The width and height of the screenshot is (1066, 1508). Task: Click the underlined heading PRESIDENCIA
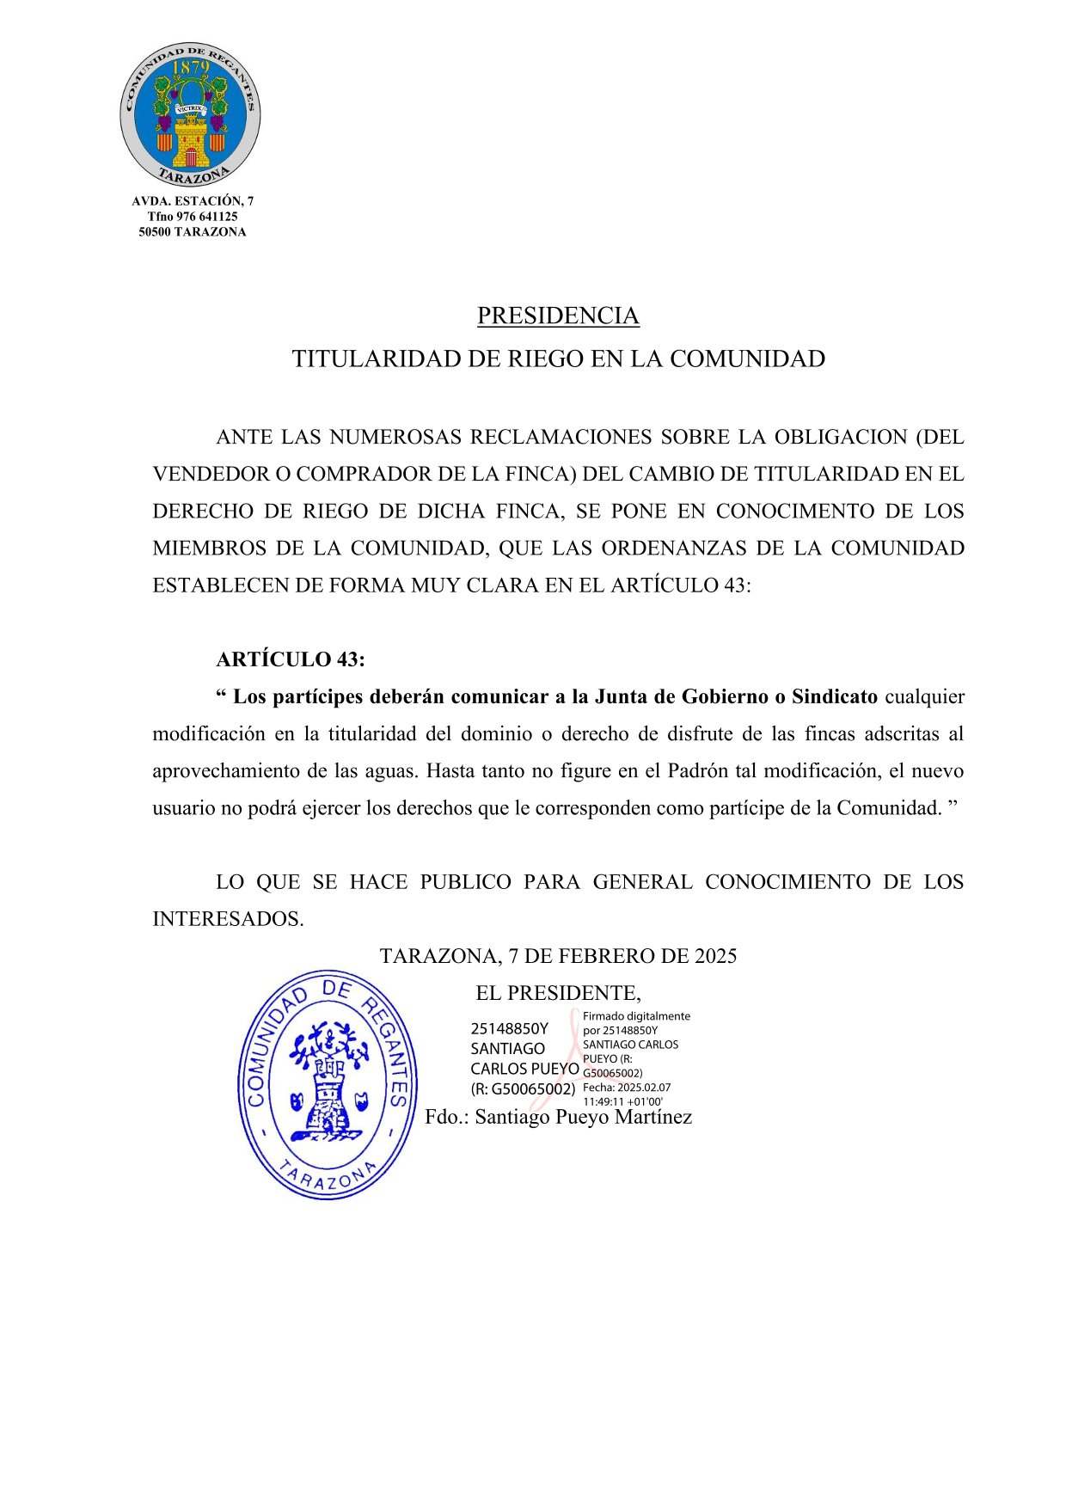[x=558, y=316]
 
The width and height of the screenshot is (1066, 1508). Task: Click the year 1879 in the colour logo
[x=191, y=68]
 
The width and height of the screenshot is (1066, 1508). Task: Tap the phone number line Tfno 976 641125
[x=193, y=217]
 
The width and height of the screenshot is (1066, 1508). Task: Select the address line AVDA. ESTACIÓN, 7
[x=193, y=201]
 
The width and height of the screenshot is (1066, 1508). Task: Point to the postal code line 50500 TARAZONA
[x=193, y=232]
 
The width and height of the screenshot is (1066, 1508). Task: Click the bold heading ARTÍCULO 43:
[x=291, y=659]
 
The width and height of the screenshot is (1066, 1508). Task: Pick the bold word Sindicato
[x=835, y=696]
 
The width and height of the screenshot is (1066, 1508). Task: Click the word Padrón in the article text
[x=697, y=771]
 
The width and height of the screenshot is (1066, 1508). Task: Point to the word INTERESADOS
[x=228, y=919]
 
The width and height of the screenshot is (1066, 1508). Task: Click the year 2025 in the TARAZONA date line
[x=715, y=956]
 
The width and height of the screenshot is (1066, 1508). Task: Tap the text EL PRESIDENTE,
[x=558, y=994]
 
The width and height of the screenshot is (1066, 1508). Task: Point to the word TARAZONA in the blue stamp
[x=328, y=1178]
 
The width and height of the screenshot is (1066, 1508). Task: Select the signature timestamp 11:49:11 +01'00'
[x=622, y=1101]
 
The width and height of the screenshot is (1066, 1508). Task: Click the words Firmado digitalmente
[x=636, y=1016]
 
